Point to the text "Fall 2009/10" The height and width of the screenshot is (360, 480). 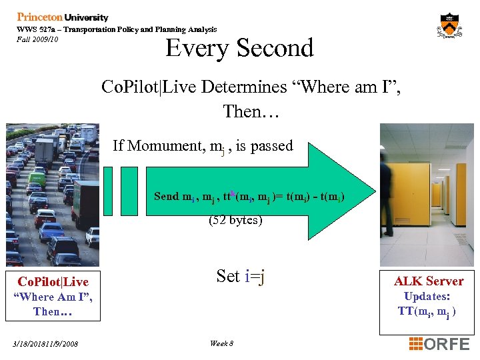coord(38,39)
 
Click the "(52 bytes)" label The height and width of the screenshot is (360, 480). coord(235,219)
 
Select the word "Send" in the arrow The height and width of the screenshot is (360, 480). coord(166,196)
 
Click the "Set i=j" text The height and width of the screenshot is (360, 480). coord(241,276)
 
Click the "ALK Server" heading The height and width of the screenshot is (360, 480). coord(429,281)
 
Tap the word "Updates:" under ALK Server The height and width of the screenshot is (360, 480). coord(427,296)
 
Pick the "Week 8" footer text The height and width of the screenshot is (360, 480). coord(221,343)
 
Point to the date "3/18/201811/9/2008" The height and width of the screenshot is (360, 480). coord(45,344)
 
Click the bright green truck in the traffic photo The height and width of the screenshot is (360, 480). coord(37,179)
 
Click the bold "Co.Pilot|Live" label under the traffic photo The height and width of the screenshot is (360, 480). coord(53,282)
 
